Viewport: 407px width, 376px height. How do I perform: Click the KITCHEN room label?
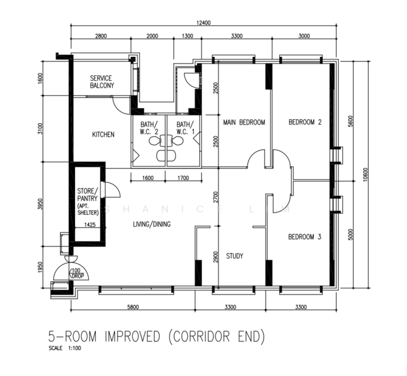103,134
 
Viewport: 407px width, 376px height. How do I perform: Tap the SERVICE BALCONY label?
101,82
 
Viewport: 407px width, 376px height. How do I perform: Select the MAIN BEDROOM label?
244,122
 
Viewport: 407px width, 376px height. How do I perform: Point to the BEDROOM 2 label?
305,122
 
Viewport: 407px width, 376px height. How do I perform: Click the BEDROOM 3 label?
305,237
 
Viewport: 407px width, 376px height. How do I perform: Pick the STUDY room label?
235,256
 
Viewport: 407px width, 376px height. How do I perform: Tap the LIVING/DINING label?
152,224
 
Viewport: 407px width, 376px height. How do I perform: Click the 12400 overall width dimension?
203,23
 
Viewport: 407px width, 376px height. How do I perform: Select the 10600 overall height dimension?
366,174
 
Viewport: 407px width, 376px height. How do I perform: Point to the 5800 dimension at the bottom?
133,307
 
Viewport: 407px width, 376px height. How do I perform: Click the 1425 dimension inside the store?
90,224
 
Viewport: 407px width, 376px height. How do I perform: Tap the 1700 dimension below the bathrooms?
183,178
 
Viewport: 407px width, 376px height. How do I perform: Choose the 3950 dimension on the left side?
39,204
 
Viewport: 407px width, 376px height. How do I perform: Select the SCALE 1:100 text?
64,348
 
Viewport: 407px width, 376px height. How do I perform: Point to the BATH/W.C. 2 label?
149,128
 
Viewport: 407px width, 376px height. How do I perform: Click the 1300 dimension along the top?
187,36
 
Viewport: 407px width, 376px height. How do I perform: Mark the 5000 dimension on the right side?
351,234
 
